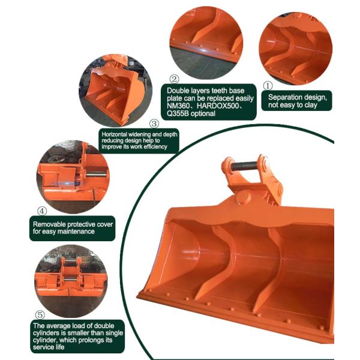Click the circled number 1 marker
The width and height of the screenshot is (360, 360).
point(268,86)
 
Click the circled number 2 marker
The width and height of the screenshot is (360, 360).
point(174,79)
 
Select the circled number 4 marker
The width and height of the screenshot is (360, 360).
point(41,211)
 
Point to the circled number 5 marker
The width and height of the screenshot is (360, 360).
point(40,314)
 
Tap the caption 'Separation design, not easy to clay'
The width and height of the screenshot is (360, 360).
point(297,101)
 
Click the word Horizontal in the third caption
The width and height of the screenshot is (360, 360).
point(114,134)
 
